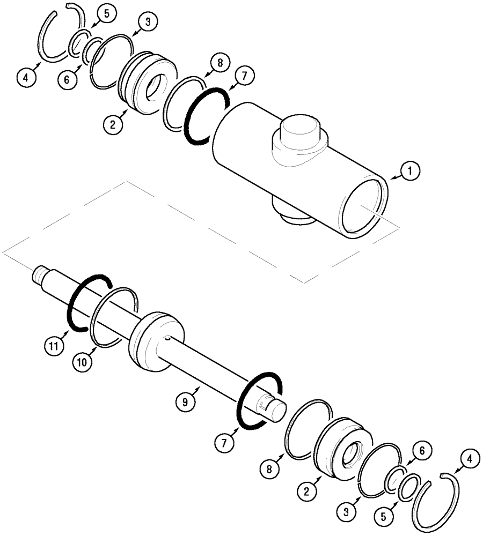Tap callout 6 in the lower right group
pos(421,451)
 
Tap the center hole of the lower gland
pos(348,455)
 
